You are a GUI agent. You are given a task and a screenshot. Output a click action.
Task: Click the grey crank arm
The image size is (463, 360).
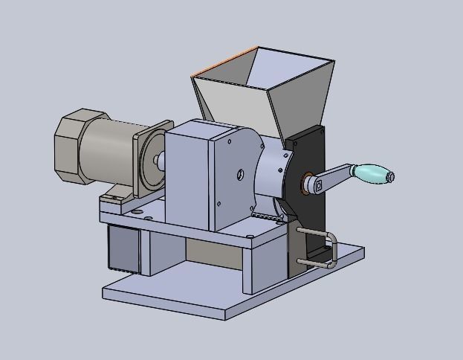point(332,178)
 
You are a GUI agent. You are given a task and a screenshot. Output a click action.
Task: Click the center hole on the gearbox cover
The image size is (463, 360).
point(240,176)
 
